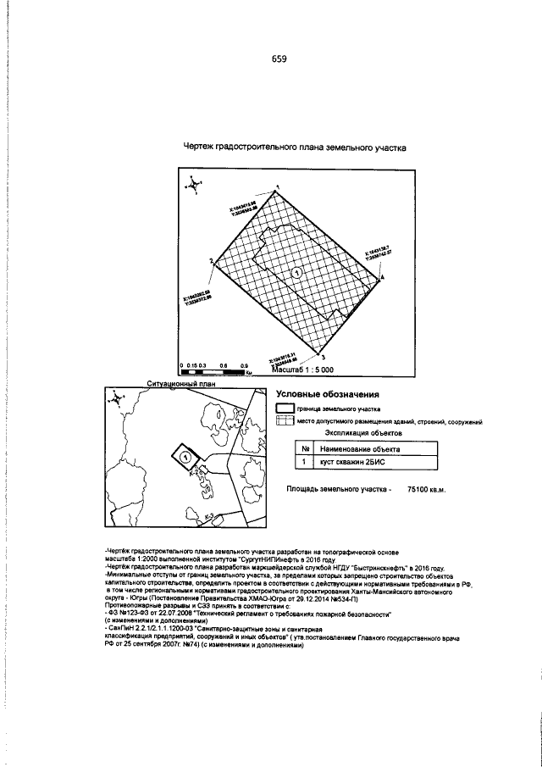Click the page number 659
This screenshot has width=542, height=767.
pyautogui.click(x=279, y=59)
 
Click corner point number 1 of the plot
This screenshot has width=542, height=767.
pyautogui.click(x=278, y=188)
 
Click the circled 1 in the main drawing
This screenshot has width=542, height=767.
pyautogui.click(x=296, y=273)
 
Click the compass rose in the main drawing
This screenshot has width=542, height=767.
pyautogui.click(x=194, y=182)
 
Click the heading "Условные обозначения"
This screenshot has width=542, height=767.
pyautogui.click(x=328, y=395)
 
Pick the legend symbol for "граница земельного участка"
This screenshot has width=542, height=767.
pyautogui.click(x=285, y=409)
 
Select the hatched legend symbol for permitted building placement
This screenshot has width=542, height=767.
pyautogui.click(x=285, y=421)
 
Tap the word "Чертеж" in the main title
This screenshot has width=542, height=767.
pyautogui.click(x=199, y=147)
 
